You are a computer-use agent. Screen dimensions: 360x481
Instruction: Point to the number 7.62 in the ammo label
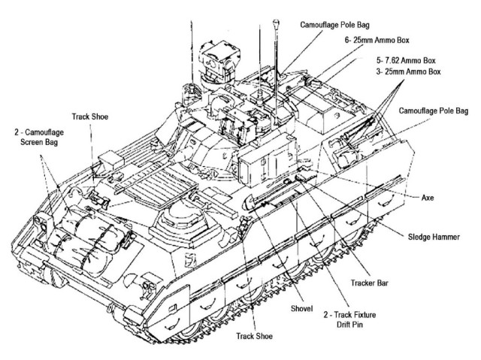click(x=402, y=59)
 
